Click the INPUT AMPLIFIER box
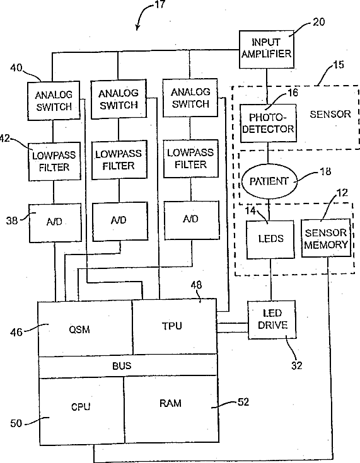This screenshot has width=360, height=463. point(267,49)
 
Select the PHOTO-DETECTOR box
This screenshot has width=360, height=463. point(268,123)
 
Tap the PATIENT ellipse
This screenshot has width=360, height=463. point(269,181)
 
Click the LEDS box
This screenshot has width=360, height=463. point(270,239)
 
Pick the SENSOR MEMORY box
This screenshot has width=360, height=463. point(326,238)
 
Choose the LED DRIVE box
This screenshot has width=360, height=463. point(272,319)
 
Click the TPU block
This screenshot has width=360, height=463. point(175,327)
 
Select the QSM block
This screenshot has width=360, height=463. point(85,329)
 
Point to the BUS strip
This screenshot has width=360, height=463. point(128,366)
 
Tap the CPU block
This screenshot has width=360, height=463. point(81,411)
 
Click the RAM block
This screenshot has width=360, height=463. point(171,409)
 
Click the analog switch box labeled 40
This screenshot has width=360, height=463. point(54,101)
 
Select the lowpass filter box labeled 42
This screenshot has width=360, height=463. point(55,161)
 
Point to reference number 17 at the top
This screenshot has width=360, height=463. point(160,4)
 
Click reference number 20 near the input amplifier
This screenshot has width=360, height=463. point(318,22)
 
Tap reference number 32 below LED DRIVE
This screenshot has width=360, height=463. point(297,365)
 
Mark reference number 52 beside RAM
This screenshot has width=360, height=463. point(243,402)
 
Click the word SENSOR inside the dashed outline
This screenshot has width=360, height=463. point(330,114)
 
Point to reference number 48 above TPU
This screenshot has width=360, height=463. point(196,285)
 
